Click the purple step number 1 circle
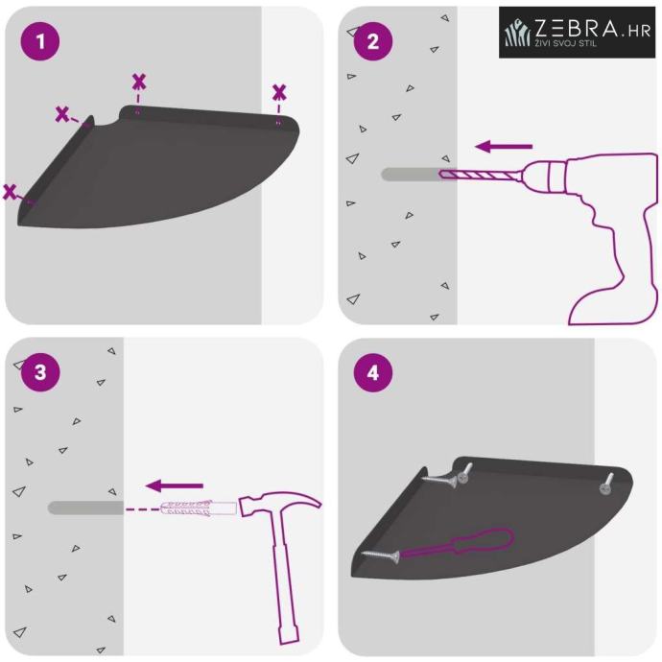coord(40,41)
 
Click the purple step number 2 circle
coord(373,41)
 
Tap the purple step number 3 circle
coord(40,372)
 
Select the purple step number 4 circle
coord(373,372)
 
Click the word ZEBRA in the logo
coord(577,28)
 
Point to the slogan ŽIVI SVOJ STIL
coord(566,42)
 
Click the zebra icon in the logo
coord(517,32)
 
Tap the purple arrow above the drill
coord(504,147)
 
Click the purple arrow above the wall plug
coord(175,485)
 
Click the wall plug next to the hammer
coord(199,508)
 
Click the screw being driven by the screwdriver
coord(380,556)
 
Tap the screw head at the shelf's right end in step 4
coord(604,489)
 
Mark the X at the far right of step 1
coord(279,93)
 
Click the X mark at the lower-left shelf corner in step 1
coord(10,192)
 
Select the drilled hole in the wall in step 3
coord(85,508)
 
